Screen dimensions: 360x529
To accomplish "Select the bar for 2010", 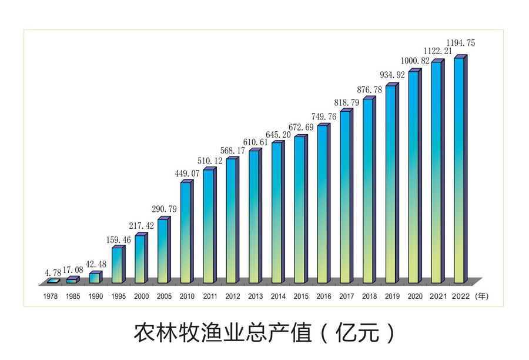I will click(x=186, y=232).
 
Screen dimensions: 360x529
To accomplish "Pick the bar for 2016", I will click(x=322, y=204).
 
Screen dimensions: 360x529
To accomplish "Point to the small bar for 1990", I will click(x=94, y=278).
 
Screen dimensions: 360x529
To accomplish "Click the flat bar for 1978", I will click(x=53, y=281).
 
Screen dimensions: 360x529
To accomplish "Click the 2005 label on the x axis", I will click(x=164, y=296).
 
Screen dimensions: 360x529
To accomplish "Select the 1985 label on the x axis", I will click(x=73, y=296).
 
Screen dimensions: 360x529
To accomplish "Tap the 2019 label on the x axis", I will click(x=392, y=296).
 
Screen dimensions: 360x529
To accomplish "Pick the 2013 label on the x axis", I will click(x=255, y=296).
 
